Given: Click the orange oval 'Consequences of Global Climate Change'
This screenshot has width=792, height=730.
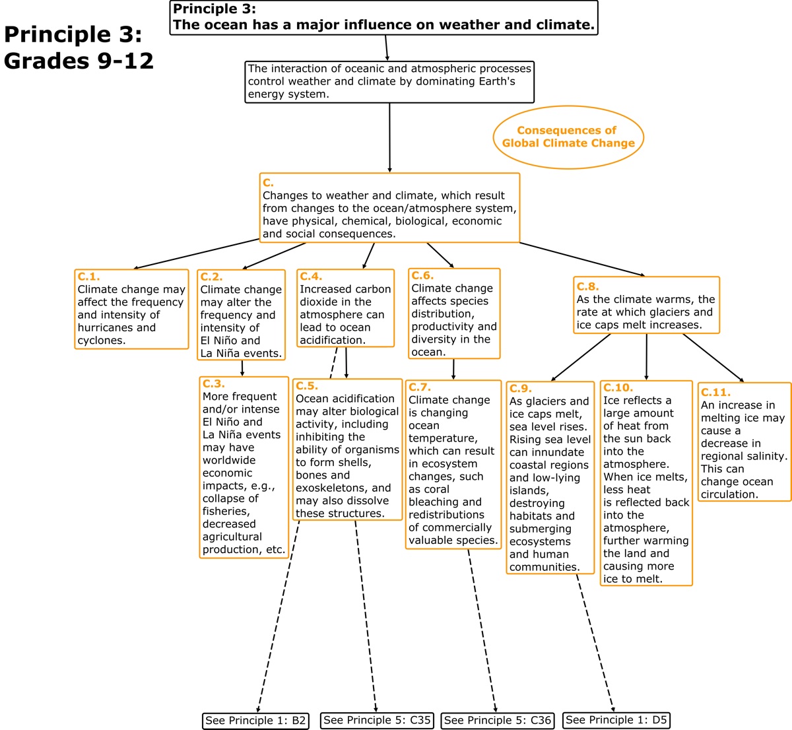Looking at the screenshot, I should pyautogui.click(x=568, y=137).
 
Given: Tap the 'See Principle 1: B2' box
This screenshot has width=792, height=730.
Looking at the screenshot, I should pyautogui.click(x=255, y=720).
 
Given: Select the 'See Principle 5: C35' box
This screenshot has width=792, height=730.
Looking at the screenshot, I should pyautogui.click(x=377, y=720).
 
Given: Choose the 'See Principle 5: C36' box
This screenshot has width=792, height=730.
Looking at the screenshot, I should pyautogui.click(x=497, y=720).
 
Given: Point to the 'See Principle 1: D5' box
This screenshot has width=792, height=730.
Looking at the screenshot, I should pyautogui.click(x=616, y=719).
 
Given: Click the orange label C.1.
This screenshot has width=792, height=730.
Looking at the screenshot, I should pyautogui.click(x=88, y=277).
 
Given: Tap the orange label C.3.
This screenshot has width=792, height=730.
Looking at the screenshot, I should pyautogui.click(x=213, y=383).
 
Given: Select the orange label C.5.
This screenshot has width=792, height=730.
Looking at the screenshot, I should pyautogui.click(x=306, y=386).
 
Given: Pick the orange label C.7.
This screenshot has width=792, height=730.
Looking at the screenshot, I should pyautogui.click(x=419, y=387).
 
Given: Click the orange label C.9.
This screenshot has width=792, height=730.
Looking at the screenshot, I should pyautogui.click(x=520, y=388).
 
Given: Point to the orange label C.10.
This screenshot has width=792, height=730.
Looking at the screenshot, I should pyautogui.click(x=617, y=387).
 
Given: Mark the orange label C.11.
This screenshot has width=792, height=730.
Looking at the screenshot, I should pyautogui.click(x=715, y=392).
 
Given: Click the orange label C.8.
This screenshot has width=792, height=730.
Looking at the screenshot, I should pyautogui.click(x=587, y=286).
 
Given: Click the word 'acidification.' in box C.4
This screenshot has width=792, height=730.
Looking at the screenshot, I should pyautogui.click(x=332, y=341).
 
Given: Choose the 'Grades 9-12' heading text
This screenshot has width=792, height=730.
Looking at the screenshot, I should pyautogui.click(x=79, y=61).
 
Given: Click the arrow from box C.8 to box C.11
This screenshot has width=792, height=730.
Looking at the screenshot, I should pyautogui.click(x=713, y=358).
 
